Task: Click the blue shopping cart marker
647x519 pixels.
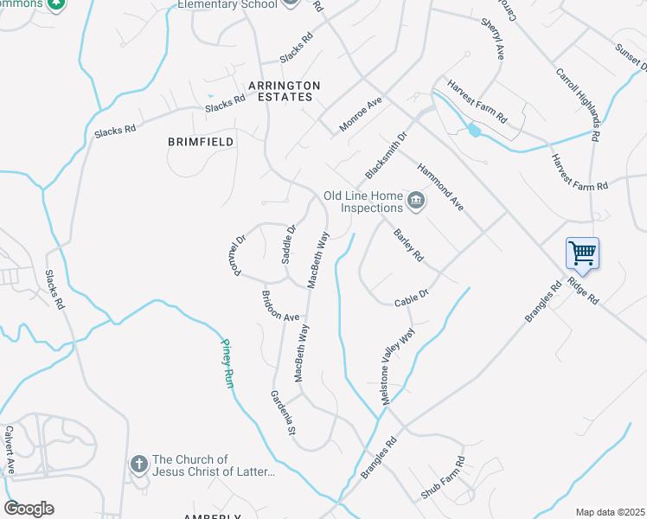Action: (582, 253)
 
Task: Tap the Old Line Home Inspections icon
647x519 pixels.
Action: (416, 202)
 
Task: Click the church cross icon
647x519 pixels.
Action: (138, 465)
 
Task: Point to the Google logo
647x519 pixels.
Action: (29, 509)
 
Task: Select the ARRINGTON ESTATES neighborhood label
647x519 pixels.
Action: (284, 91)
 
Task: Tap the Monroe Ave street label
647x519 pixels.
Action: (360, 114)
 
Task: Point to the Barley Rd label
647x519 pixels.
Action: (407, 245)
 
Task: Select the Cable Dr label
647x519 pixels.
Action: (412, 297)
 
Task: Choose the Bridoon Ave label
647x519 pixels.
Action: (280, 305)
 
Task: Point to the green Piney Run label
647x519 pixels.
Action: (226, 362)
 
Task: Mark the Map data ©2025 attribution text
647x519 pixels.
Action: (609, 512)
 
